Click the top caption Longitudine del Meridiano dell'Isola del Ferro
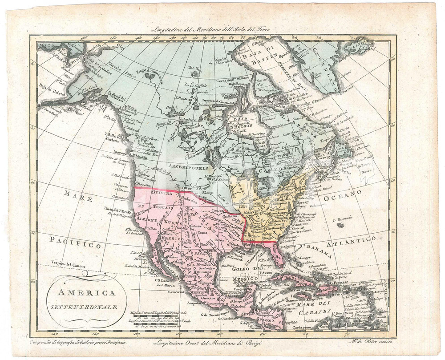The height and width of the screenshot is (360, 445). (x=210, y=30)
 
